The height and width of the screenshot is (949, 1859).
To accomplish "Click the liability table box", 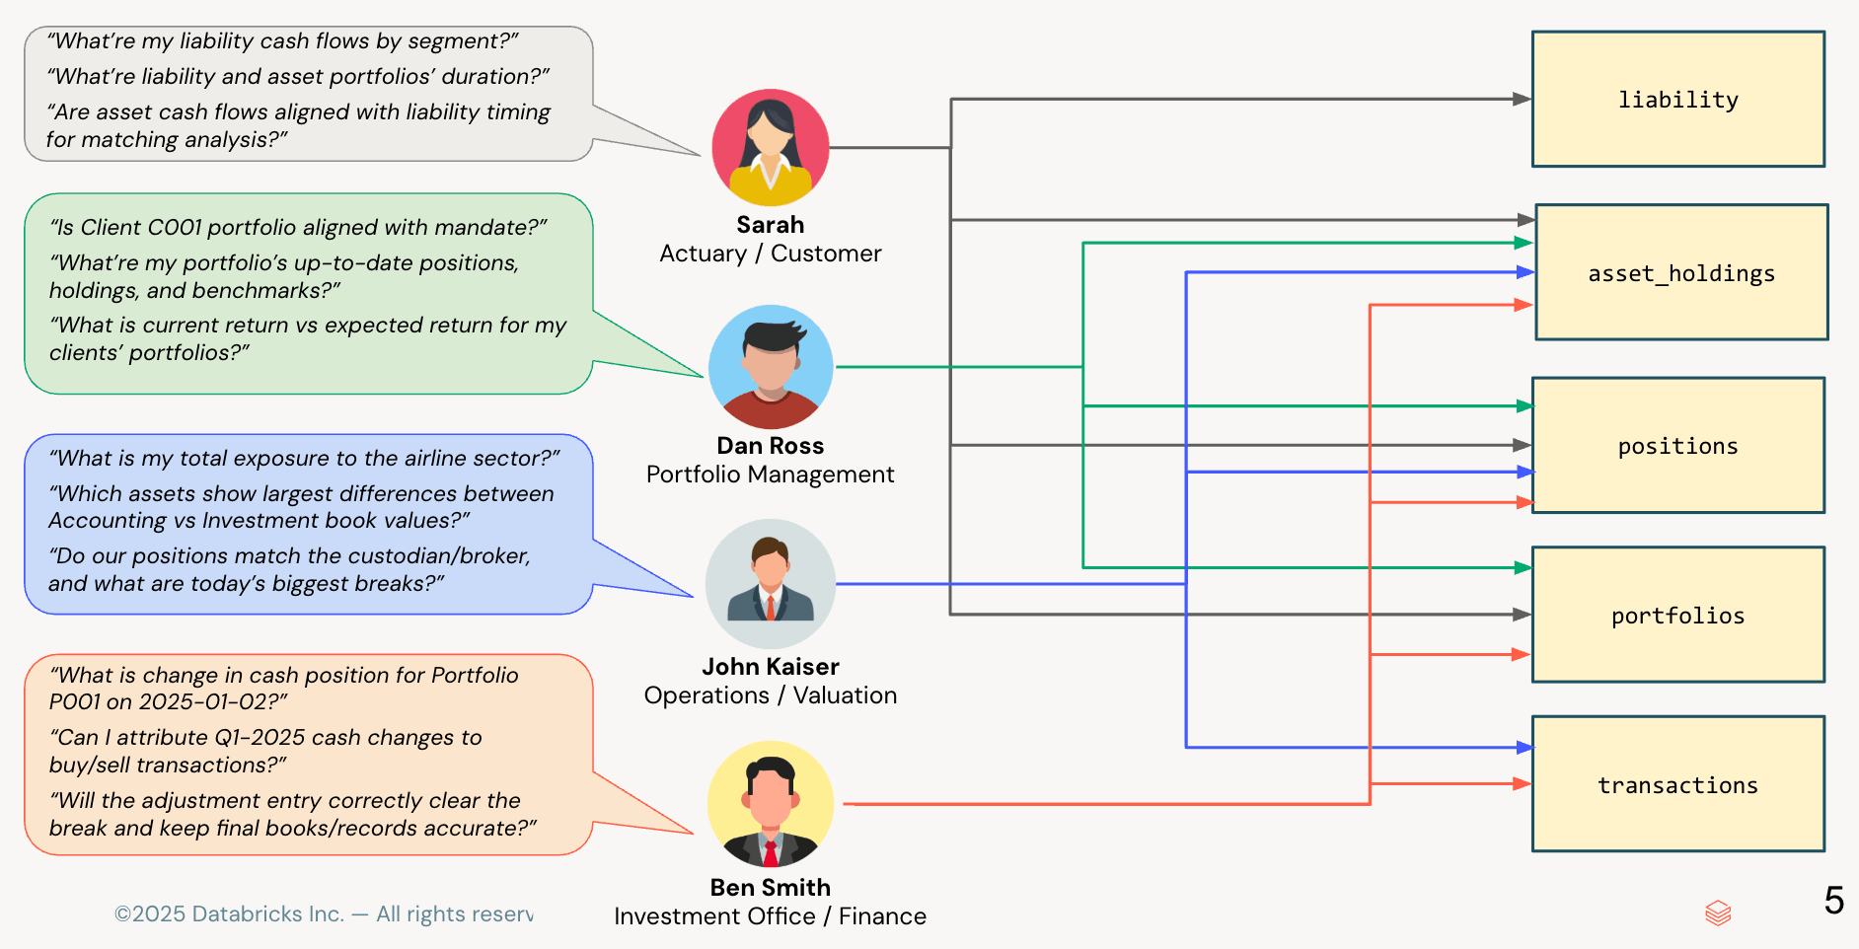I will pos(1677,99).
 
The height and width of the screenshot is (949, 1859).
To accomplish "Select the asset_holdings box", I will pos(1681,272).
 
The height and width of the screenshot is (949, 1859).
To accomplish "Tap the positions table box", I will pos(1677,445).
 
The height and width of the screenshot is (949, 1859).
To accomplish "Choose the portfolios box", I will pos(1677,615).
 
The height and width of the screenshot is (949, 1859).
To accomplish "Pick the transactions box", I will pos(1677,784).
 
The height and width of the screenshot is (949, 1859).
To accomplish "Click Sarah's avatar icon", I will pos(771,148).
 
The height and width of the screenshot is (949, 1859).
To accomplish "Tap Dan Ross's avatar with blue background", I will pos(771,367).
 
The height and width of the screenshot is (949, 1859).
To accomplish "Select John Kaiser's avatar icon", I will pos(771,584).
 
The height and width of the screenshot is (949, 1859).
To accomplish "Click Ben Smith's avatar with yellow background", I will pos(771,804).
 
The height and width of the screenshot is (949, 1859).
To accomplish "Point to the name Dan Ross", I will pos(770,446).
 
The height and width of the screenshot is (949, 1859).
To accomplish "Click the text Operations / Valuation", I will pos(770,695).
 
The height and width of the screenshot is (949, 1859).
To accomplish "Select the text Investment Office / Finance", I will pos(770,916).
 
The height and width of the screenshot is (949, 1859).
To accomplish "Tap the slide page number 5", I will pos(1833,900).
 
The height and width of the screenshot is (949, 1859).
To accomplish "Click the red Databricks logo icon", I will pos(1718,912).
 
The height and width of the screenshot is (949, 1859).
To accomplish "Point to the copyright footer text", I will pos(324,914).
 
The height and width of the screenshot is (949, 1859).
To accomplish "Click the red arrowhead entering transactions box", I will pos(1523,784).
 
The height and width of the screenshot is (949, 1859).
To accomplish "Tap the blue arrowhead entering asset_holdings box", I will pos(1525,272).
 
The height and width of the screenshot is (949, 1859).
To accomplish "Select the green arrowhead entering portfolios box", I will pos(1523,567).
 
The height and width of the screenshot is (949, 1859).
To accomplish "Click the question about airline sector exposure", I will pos(304,458).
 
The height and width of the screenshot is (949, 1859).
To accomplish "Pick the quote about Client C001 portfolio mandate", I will pos(298,228).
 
